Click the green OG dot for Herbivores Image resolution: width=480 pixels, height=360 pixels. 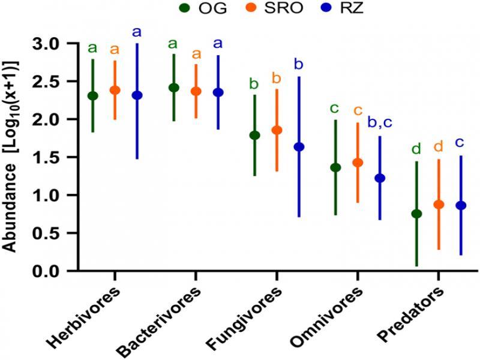[93, 96]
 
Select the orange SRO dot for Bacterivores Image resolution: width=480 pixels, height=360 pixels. [196, 91]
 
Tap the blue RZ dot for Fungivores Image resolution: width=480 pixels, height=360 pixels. [299, 146]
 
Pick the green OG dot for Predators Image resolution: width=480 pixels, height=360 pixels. [417, 214]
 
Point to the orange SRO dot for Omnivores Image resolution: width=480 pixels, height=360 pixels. [358, 163]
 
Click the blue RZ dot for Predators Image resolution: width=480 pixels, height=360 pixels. [461, 205]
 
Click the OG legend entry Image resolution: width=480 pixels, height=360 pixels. [200, 8]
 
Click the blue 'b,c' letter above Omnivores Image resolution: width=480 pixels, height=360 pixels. [379, 124]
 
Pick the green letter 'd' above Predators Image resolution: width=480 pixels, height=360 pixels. [416, 148]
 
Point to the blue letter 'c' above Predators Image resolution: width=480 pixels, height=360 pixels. [460, 143]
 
